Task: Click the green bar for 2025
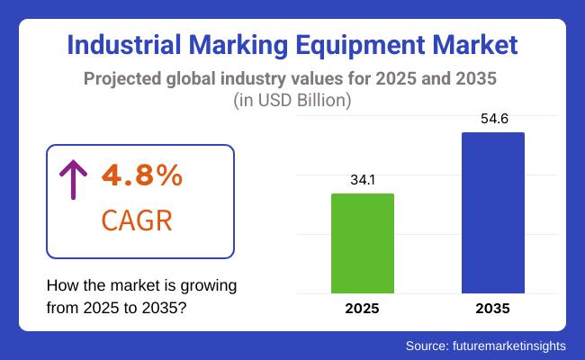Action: (363, 243)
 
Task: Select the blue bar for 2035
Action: (492, 212)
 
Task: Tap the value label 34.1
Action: (363, 180)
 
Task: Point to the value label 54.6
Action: (492, 119)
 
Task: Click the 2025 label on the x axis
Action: (363, 309)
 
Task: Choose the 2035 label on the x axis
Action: (492, 309)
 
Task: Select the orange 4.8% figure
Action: (143, 176)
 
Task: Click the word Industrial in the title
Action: (123, 44)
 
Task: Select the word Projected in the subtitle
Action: (124, 78)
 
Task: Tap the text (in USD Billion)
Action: (292, 101)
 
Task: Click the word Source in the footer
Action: (426, 346)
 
